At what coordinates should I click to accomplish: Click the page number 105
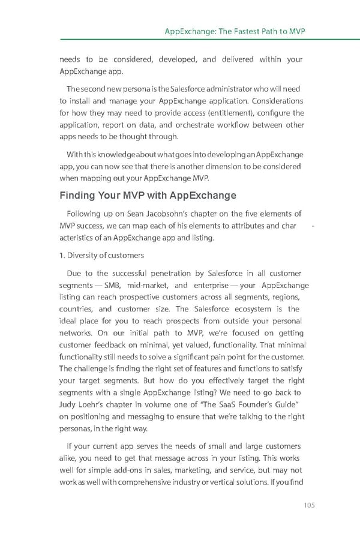tap(307, 505)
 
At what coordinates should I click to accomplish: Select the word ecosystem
tap(247, 309)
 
